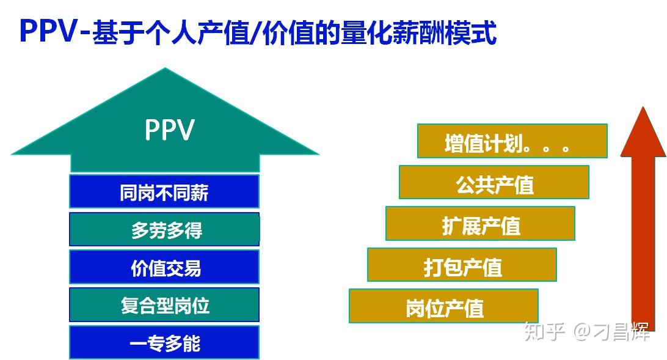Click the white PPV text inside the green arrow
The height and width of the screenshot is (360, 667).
[x=170, y=130]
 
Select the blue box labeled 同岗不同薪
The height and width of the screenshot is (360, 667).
[x=164, y=191]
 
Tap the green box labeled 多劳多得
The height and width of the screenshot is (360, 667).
[x=164, y=229]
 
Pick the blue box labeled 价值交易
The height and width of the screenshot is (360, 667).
[x=164, y=267]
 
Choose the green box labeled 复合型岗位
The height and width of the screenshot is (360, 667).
[x=164, y=304]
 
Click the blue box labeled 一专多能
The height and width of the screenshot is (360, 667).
[x=164, y=342]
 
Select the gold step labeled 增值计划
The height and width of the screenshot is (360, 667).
[x=512, y=141]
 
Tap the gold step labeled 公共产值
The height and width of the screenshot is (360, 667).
[x=494, y=182]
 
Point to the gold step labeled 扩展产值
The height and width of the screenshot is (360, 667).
[x=480, y=224]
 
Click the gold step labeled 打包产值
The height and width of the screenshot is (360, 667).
[x=462, y=265]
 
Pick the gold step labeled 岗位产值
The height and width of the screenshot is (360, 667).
[x=443, y=306]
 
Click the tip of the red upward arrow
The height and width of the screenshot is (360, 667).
[x=643, y=107]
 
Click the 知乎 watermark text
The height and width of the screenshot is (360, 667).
[x=545, y=331]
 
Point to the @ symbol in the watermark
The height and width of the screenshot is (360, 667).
[x=583, y=331]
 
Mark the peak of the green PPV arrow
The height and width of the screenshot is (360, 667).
[x=165, y=68]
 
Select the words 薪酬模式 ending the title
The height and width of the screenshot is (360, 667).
[x=445, y=32]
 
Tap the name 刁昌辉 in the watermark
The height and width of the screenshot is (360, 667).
[x=621, y=331]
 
